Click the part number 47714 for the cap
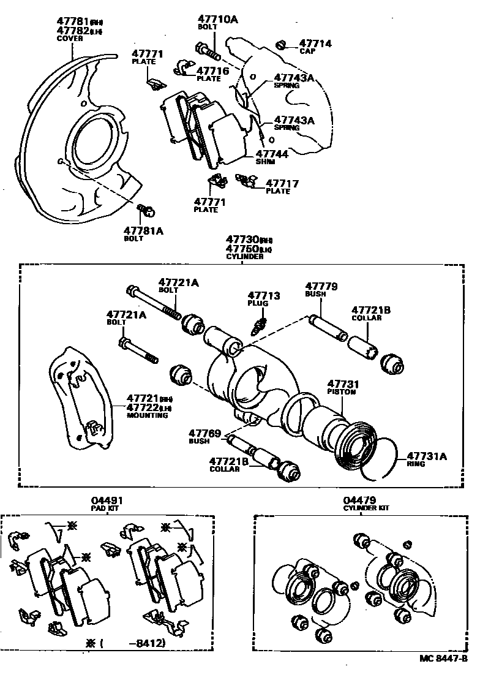pyautogui.click(x=315, y=44)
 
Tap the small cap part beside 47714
pyautogui.click(x=282, y=45)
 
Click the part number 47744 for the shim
pyautogui.click(x=272, y=155)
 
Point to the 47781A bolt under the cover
pyautogui.click(x=146, y=211)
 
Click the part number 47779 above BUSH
pyautogui.click(x=321, y=286)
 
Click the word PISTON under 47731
pyautogui.click(x=341, y=391)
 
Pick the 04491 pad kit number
pyautogui.click(x=108, y=500)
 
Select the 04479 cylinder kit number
pyautogui.click(x=359, y=500)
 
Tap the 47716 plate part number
pyautogui.click(x=212, y=71)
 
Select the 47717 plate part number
pyautogui.click(x=282, y=183)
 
